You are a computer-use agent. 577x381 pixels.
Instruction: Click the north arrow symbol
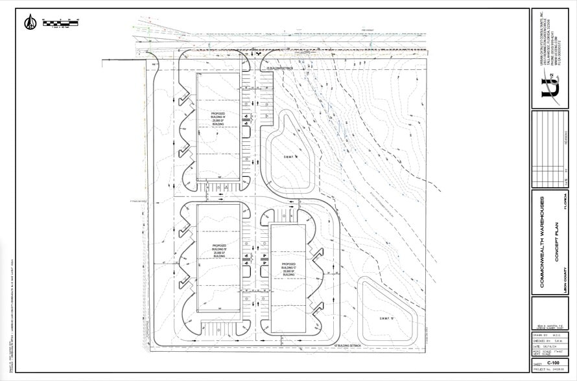pyautogui.click(x=30, y=23)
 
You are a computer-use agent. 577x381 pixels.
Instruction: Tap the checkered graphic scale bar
pyautogui.click(x=60, y=23)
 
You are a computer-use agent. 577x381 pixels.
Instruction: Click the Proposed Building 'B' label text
pyautogui.click(x=219, y=251)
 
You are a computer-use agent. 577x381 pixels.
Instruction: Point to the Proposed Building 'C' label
pyautogui.click(x=288, y=269)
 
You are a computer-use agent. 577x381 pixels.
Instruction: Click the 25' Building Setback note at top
pyautogui.click(x=278, y=68)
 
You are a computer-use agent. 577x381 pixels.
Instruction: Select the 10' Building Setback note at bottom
pyautogui.click(x=346, y=346)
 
